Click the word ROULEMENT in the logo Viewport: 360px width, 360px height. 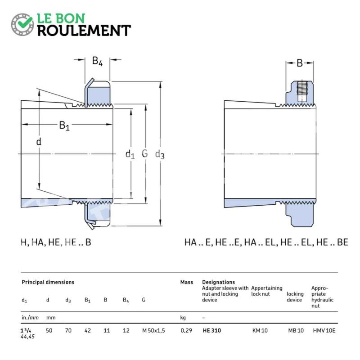(x=84, y=31)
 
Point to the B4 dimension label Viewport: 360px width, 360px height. (x=97, y=61)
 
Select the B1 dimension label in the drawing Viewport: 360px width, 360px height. (x=64, y=126)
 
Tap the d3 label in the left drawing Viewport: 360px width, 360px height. (x=160, y=154)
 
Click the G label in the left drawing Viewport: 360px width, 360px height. (x=144, y=153)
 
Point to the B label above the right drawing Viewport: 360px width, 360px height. (x=300, y=63)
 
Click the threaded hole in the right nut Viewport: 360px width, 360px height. (x=302, y=91)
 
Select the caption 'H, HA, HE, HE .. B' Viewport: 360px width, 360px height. (x=56, y=242)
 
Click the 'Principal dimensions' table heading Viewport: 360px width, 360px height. (x=48, y=282)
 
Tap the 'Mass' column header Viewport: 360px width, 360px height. (x=187, y=282)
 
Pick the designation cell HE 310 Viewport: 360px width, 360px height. (x=212, y=330)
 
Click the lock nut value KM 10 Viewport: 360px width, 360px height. (x=260, y=330)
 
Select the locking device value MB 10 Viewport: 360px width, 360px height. (x=296, y=330)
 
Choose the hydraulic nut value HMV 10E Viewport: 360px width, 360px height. (x=324, y=330)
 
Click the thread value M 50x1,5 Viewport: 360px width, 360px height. (x=153, y=331)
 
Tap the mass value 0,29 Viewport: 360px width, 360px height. (x=186, y=331)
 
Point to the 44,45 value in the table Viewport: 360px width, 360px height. (x=27, y=336)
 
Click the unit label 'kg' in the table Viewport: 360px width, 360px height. (x=183, y=318)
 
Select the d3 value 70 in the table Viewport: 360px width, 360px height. (x=68, y=330)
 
